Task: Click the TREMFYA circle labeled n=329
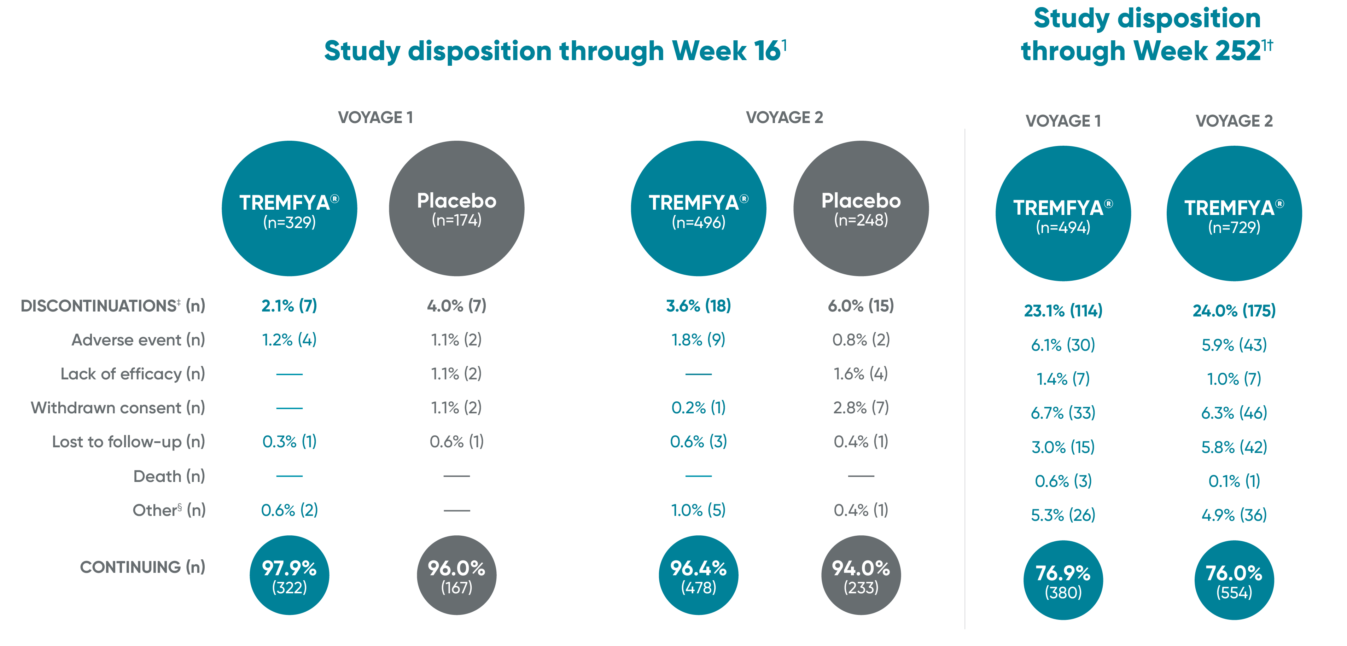point(289,208)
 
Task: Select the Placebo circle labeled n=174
point(456,208)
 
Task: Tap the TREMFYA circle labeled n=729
point(1234,214)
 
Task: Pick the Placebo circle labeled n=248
point(861,208)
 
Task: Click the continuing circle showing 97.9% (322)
point(289,575)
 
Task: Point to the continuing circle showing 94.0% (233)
point(861,575)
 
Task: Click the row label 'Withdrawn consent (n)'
point(118,407)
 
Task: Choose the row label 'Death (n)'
point(169,476)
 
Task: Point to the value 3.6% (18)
point(698,305)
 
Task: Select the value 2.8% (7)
point(861,407)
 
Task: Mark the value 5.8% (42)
point(1234,447)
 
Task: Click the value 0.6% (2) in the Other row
point(289,510)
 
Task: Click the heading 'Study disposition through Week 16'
point(554,51)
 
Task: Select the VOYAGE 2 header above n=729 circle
point(1234,121)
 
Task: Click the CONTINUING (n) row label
point(142,567)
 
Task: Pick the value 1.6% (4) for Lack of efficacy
point(861,373)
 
